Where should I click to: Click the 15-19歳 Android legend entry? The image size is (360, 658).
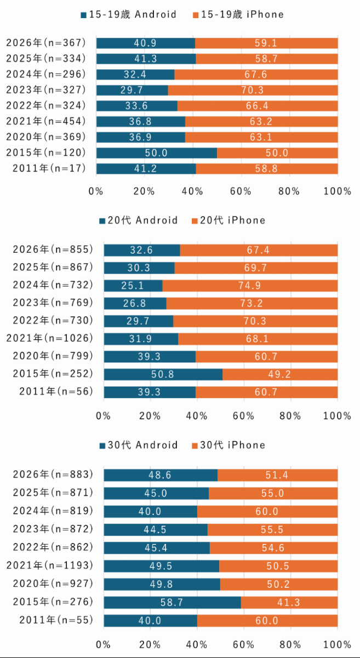(x=129, y=15)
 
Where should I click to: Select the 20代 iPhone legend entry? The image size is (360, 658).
(x=228, y=220)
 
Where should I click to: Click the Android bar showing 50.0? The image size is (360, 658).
(x=156, y=153)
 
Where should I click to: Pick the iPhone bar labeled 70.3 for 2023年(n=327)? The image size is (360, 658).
(x=253, y=90)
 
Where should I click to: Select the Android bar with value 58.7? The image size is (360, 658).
(x=172, y=603)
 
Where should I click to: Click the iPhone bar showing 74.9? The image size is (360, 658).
(x=250, y=286)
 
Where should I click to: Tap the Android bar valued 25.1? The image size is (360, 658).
(x=133, y=286)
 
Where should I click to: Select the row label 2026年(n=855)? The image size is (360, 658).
(x=52, y=249)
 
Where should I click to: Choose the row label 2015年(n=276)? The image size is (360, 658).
(x=52, y=603)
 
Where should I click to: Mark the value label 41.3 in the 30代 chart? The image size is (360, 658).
(x=288, y=603)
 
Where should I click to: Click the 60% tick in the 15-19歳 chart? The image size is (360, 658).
(x=241, y=191)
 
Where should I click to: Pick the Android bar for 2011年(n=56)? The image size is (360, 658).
(x=150, y=392)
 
